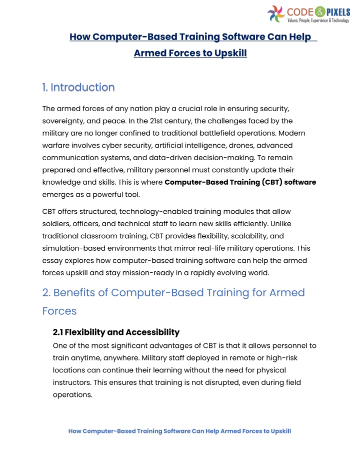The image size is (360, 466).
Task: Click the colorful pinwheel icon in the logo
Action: tap(276, 14)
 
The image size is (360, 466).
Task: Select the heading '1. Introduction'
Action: tap(78, 88)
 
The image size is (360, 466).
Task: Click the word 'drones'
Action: tap(249, 145)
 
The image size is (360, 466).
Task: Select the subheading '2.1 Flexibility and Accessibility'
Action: tap(116, 332)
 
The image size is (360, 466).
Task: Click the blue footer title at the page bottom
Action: tap(179, 431)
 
